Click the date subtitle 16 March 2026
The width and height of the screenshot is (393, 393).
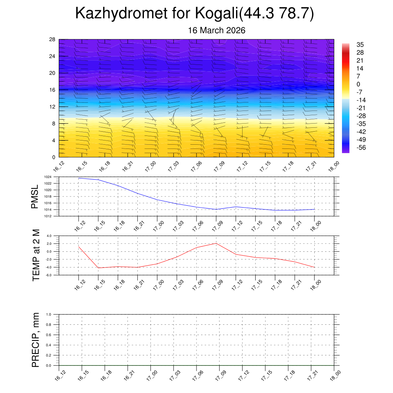click(216, 30)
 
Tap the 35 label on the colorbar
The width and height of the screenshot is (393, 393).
click(360, 45)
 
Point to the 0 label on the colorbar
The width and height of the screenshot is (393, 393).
click(358, 84)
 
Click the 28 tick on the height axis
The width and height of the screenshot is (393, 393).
click(53, 40)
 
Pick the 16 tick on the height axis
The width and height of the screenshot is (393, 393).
click(53, 90)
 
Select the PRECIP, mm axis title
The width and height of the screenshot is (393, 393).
click(36, 340)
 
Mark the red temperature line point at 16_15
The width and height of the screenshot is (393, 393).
click(98, 268)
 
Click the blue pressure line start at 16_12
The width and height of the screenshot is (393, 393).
click(79, 178)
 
